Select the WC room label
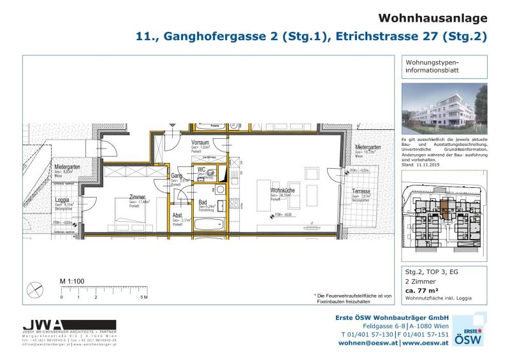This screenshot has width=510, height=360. point(201,169)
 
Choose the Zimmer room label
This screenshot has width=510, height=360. point(137,197)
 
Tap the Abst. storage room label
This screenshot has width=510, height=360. point(178,215)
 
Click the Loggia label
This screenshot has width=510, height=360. point(62,199)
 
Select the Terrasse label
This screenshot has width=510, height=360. point(361,192)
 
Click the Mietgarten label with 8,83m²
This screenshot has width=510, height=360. point(66,167)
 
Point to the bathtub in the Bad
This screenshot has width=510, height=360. point(208,223)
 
